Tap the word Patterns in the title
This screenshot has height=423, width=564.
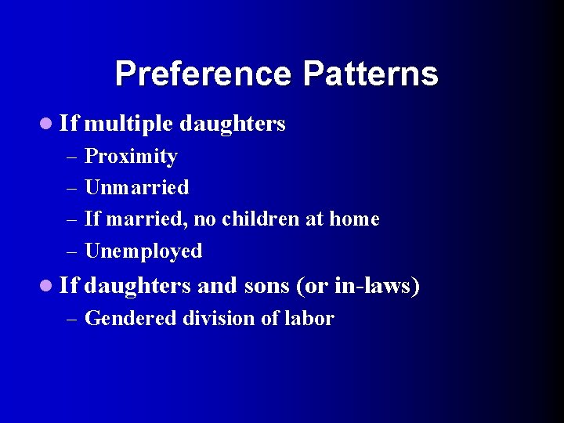[x=371, y=74]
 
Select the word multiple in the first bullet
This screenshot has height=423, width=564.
[x=128, y=124]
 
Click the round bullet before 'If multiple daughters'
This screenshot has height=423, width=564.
[x=49, y=123]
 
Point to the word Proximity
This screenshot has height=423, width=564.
[x=131, y=157]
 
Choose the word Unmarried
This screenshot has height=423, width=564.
[x=136, y=188]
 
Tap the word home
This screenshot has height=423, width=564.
[x=354, y=219]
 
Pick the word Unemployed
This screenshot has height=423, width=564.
[x=143, y=251]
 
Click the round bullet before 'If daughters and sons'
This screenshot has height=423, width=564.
[x=49, y=286]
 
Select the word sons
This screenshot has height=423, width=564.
[x=267, y=287]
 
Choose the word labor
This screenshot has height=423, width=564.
[x=311, y=319]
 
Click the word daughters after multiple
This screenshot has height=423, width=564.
[x=232, y=124]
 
